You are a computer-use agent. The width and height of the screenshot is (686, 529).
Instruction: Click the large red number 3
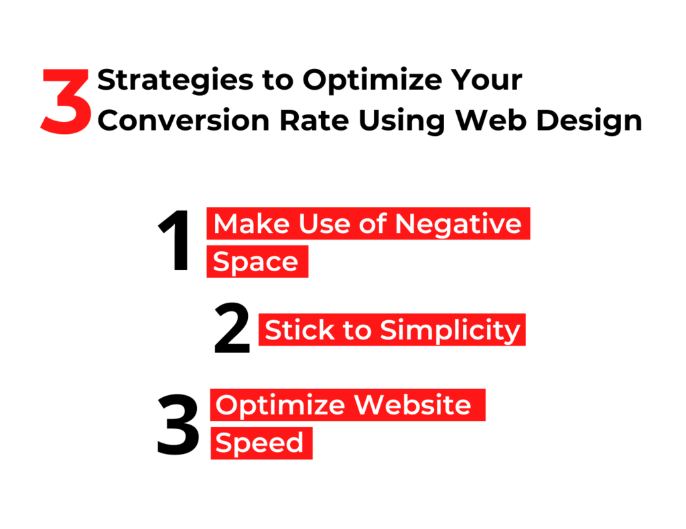pyautogui.click(x=66, y=101)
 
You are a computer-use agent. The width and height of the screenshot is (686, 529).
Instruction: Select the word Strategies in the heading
pyautogui.click(x=176, y=80)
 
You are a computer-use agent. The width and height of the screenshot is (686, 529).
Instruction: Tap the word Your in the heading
pyautogui.click(x=486, y=80)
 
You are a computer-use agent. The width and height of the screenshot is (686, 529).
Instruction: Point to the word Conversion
pyautogui.click(x=184, y=121)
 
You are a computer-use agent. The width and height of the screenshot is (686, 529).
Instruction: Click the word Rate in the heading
pyautogui.click(x=314, y=121)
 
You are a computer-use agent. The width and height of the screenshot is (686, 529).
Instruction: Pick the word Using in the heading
pyautogui.click(x=402, y=121)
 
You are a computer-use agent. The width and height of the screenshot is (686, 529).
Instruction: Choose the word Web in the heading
pyautogui.click(x=490, y=120)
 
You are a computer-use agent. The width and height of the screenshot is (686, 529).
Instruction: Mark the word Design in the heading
pyautogui.click(x=590, y=121)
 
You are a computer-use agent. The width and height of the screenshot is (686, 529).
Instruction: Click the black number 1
pyautogui.click(x=175, y=240)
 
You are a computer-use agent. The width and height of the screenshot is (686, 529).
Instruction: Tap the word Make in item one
pyautogui.click(x=252, y=224)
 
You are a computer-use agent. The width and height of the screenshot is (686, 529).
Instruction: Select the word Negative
pyautogui.click(x=458, y=225)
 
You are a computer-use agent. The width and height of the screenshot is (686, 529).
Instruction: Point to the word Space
pyautogui.click(x=255, y=262)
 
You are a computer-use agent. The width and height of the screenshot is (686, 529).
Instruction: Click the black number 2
pyautogui.click(x=232, y=327)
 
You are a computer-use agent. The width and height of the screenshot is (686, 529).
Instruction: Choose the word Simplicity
pyautogui.click(x=450, y=331)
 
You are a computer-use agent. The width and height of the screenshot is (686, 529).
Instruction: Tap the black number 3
pyautogui.click(x=178, y=424)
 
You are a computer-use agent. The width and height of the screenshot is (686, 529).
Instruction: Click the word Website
pyautogui.click(x=413, y=405)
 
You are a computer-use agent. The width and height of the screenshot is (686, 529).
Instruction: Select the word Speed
pyautogui.click(x=259, y=443)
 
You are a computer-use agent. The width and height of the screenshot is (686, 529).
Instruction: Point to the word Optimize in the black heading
pyautogui.click(x=372, y=80)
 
